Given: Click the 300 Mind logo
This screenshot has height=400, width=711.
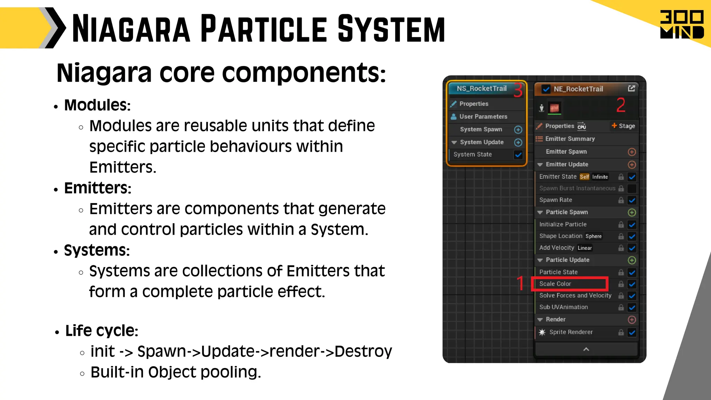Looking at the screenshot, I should pos(682,24).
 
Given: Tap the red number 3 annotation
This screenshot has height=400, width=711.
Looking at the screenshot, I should pos(518,90).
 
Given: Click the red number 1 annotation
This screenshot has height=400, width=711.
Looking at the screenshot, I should pos(520,283).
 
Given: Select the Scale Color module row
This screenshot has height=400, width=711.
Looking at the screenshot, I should pos(569,284).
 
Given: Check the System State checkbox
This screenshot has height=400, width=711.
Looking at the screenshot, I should pos(518,155).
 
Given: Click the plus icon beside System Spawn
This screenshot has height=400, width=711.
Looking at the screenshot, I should pos(518,130).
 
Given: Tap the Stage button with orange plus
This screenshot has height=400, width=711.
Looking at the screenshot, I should pos(624,126).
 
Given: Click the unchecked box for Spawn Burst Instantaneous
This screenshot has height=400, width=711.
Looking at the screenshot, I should pos(632,189).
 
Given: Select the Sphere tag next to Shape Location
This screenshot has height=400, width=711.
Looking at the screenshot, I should pos(593,236).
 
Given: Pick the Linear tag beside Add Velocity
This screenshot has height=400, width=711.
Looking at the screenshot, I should pos(585,248).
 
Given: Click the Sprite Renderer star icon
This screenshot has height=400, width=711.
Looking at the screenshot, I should pos(542,332).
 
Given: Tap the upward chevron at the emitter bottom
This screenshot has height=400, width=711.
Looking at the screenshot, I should pos(586,349).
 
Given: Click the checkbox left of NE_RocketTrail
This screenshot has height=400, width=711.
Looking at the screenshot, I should pos(546,89).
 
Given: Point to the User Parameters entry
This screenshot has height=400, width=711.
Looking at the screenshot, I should pos(483,117).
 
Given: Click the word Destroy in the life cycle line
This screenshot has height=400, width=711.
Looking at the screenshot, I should pos(363,351).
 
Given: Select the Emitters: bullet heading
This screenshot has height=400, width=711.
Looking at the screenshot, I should pos(98,188).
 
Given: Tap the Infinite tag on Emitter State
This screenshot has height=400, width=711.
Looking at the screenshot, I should pos(600,177).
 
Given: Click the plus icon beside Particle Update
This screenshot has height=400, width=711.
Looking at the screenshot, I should pos(632,260).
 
